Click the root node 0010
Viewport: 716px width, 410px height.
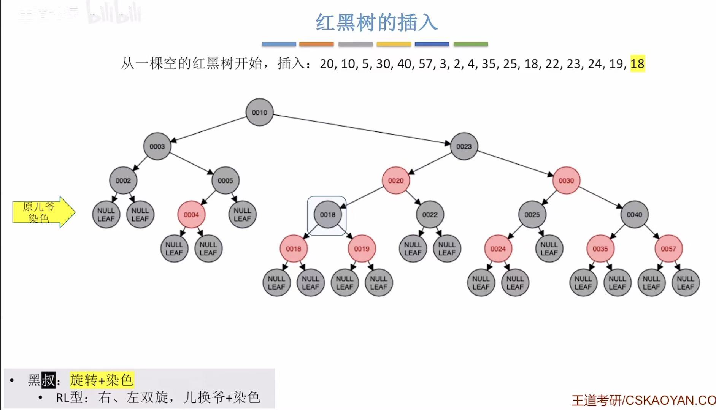[259, 112]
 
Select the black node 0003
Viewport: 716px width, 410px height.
[157, 146]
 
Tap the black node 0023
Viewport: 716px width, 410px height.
[464, 146]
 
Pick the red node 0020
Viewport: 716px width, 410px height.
[395, 180]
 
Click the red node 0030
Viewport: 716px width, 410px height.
[566, 180]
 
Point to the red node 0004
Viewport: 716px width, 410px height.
[191, 215]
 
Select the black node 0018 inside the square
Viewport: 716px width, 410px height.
[327, 215]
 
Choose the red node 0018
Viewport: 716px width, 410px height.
[293, 249]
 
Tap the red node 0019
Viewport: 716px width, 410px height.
[362, 249]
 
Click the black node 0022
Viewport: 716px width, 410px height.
[430, 215]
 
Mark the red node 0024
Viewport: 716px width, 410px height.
[498, 249]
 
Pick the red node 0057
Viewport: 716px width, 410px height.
[668, 249]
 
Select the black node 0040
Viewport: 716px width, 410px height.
[634, 215]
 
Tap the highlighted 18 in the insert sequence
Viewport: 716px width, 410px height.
[637, 63]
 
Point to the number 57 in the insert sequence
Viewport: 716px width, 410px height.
[426, 63]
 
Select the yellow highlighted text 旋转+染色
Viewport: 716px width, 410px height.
[101, 380]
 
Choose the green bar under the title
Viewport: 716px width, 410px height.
[470, 44]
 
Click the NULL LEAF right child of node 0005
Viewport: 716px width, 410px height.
[242, 215]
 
